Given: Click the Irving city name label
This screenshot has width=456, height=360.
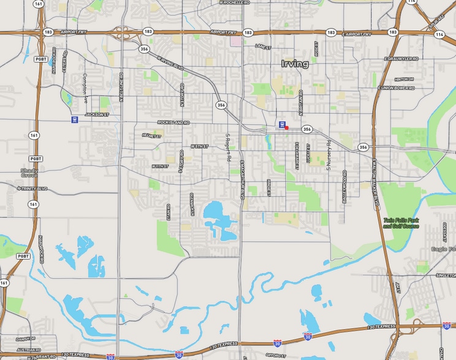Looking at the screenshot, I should pyautogui.click(x=295, y=64).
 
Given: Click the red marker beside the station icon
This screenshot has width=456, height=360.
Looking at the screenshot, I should pyautogui.click(x=287, y=127).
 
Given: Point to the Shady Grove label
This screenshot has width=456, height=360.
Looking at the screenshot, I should pyautogui.click(x=29, y=173).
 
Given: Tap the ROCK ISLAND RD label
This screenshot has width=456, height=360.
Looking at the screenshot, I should pyautogui.click(x=173, y=122).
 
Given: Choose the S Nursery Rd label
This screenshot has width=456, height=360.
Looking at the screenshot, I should pyautogui.click(x=329, y=154).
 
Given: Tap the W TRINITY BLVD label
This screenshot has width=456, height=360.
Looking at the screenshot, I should pyautogui.click(x=18, y=189).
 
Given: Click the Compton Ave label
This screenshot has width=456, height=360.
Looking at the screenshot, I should pyautogui.click(x=86, y=89).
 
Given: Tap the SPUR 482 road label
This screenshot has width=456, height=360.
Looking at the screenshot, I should pyautogui.click(x=437, y=21).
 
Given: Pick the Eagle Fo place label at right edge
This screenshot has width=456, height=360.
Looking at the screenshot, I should pyautogui.click(x=443, y=249).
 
